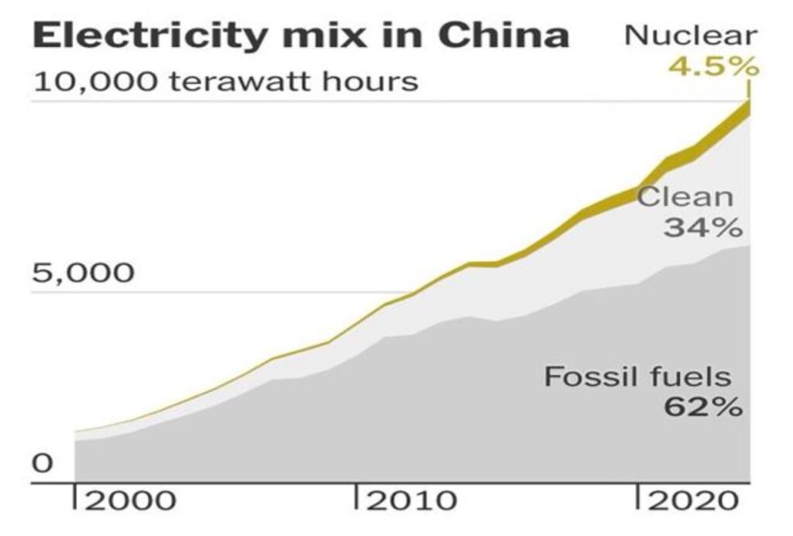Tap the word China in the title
click(495, 36)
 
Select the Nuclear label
click(691, 36)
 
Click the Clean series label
click(685, 197)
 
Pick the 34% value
click(702, 228)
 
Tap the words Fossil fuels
click(637, 377)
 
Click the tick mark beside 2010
click(357, 496)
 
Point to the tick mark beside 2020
click(639, 496)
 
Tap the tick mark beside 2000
click(75, 496)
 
